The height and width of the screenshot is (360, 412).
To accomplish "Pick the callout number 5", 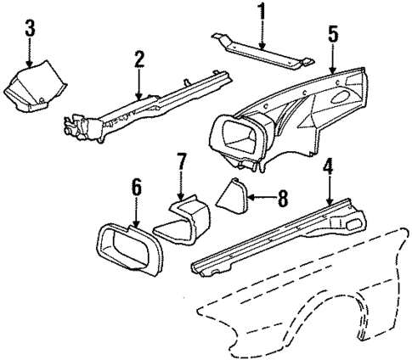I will [334, 34].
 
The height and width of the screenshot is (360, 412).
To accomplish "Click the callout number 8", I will [283, 200].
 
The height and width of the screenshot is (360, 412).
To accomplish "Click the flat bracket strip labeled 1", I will [263, 54].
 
